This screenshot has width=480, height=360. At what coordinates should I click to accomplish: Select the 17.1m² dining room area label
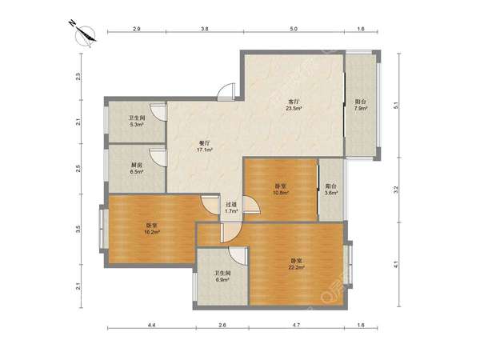(x=205, y=150)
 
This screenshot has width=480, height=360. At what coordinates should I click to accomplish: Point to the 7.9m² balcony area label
(x=361, y=108)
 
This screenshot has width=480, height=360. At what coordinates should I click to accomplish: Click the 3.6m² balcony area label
(x=331, y=193)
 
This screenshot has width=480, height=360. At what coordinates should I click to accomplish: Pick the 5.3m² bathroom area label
(x=136, y=125)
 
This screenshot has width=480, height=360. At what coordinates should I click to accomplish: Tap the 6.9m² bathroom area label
(x=222, y=280)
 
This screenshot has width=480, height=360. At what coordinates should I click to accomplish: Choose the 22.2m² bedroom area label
(x=296, y=267)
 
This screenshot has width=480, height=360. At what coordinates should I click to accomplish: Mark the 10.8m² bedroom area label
(x=281, y=193)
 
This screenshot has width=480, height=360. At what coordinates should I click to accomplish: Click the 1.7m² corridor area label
(x=231, y=211)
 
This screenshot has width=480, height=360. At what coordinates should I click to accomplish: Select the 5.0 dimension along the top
(x=294, y=29)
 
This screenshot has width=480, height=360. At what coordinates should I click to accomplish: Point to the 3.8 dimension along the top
(x=205, y=29)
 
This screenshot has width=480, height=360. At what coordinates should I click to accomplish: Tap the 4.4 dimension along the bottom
(x=152, y=326)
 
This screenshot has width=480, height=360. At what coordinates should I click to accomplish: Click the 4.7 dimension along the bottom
(x=296, y=326)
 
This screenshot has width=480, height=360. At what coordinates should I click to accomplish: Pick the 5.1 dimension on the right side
(x=395, y=106)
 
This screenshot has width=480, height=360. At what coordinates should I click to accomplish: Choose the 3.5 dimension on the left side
(x=78, y=229)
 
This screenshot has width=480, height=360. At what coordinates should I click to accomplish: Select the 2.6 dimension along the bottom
(x=222, y=326)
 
